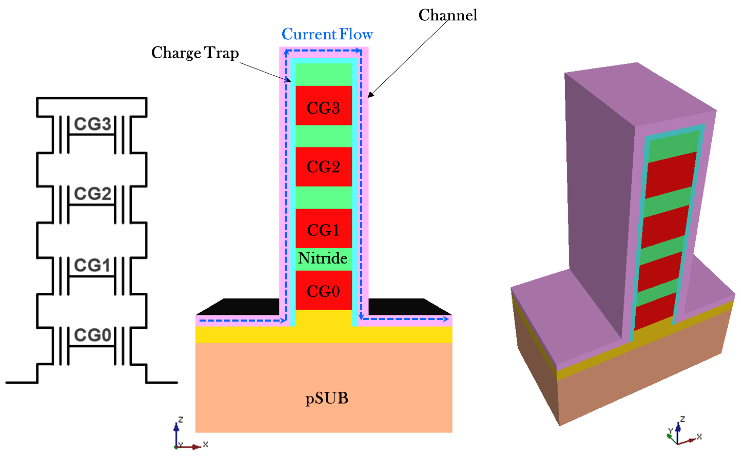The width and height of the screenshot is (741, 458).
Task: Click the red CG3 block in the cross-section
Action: pos(323,105)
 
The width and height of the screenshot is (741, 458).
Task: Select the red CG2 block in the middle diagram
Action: pos(323,166)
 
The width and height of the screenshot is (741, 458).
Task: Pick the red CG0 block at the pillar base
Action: pos(323,290)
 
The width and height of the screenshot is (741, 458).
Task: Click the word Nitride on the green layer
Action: pos(323,258)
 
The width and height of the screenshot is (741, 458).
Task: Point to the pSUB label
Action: pos(327,398)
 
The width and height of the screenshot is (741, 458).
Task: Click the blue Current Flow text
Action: pos(327,34)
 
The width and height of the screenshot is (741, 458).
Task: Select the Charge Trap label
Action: pos(195,53)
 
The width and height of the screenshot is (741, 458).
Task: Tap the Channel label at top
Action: pos(447,15)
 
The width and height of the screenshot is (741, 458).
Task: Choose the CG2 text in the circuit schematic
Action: pos(93,194)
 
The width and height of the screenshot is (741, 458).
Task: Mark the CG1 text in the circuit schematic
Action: pos(92,265)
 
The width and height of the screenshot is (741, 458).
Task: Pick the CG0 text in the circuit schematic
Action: pos(93,335)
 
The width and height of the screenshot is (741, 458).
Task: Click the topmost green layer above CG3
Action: pos(323,74)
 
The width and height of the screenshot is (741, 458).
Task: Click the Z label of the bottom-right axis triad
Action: pos(683,419)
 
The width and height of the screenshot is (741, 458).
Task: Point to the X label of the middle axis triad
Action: pos(206,444)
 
